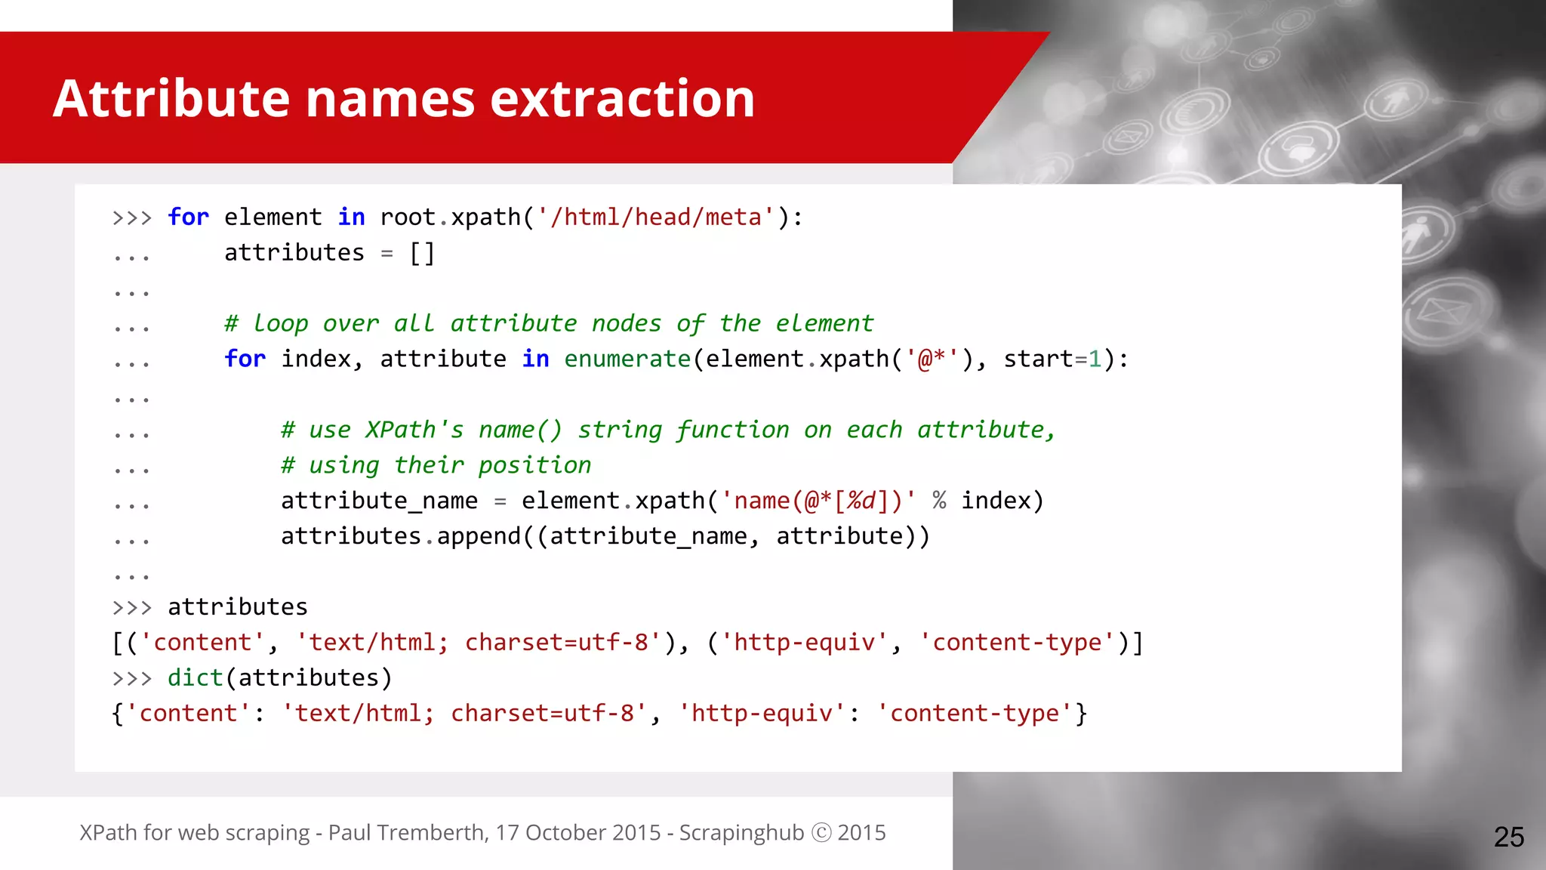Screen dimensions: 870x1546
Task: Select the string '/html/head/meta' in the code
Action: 656,217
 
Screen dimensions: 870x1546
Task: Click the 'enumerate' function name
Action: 627,359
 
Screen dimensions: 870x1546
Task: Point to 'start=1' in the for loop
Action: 1052,359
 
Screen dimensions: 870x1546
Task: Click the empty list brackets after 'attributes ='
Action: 422,253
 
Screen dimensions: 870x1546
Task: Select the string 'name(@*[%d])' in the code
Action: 818,501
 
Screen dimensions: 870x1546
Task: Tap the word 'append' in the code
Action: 479,536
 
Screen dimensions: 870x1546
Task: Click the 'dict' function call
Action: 195,677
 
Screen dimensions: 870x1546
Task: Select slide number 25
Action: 1508,837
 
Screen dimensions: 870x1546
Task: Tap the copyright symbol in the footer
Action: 821,832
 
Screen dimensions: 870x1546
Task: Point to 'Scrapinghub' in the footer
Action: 741,832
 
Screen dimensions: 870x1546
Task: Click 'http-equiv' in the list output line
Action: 805,643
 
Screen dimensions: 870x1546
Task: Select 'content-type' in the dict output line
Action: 974,713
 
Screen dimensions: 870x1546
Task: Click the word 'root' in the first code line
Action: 408,217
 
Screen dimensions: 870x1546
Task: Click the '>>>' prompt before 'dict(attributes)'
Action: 132,678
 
